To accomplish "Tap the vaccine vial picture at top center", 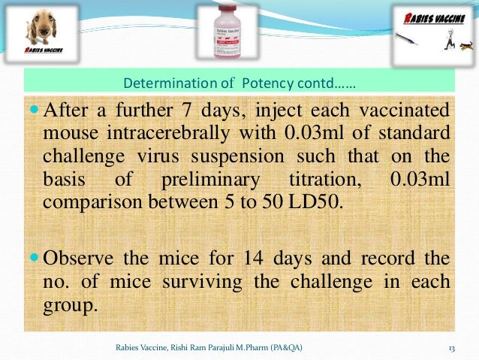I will pos(229,32).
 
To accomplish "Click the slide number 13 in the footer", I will pos(452,347).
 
